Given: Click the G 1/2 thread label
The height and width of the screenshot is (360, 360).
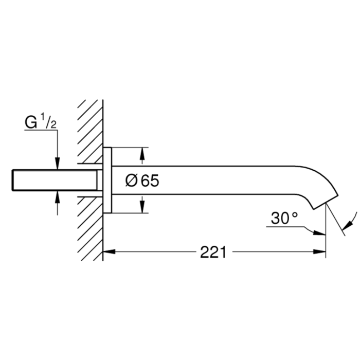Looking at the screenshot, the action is [41, 121].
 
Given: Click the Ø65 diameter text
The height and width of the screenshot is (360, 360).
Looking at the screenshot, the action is [142, 180].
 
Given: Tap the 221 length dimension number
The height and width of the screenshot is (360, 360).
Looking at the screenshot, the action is [213, 252].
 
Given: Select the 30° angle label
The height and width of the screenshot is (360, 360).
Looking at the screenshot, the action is [284, 218].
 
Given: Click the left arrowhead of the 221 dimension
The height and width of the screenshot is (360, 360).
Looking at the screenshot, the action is [109, 251].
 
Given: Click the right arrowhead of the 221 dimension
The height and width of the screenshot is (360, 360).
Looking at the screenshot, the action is [319, 251].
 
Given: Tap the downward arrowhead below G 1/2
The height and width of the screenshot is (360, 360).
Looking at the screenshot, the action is [58, 164].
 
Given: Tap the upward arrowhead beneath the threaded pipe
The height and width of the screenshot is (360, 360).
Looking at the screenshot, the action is [58, 197].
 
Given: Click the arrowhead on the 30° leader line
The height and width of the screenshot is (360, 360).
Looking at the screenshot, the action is [319, 233].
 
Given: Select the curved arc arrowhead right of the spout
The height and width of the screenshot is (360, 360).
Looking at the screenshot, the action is [347, 224].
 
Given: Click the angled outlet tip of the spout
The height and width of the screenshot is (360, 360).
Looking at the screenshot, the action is [326, 203].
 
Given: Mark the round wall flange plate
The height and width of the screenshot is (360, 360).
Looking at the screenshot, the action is [107, 180].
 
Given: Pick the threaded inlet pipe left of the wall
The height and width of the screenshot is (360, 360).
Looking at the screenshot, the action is [55, 180].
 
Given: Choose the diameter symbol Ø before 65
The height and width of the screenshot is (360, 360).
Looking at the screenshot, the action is [131, 181].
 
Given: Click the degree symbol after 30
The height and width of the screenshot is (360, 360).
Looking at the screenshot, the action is [295, 214].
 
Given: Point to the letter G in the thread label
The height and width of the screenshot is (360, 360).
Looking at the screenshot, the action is [31, 122].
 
